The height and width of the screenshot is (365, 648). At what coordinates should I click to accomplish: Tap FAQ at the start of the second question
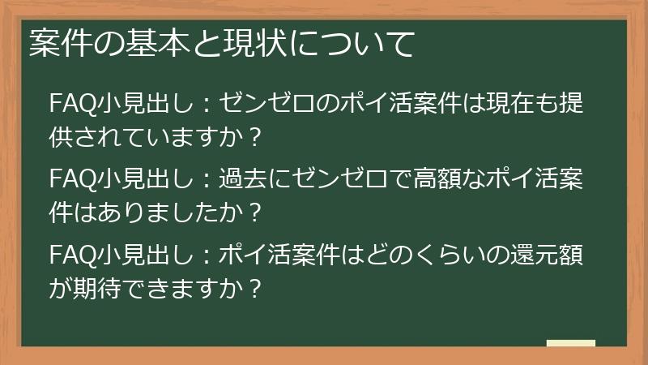[x=70, y=178]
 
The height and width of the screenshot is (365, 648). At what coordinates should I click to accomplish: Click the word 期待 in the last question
[x=98, y=288]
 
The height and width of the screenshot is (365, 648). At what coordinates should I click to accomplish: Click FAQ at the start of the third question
[x=70, y=254]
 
